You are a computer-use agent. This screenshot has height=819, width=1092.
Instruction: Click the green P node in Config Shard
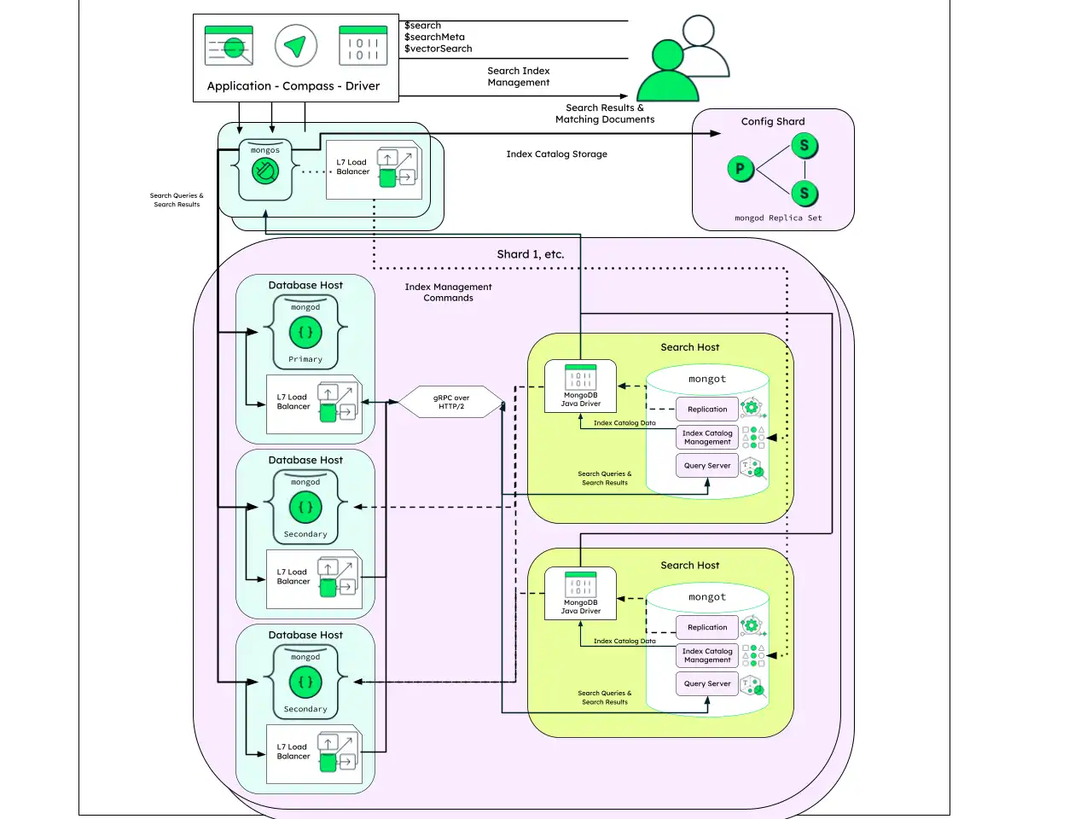coord(740,169)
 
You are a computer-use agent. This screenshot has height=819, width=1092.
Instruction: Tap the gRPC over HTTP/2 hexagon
coord(451,402)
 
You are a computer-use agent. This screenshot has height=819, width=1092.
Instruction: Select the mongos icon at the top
coord(265,171)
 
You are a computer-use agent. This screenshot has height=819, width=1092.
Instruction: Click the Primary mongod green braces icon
coord(305,333)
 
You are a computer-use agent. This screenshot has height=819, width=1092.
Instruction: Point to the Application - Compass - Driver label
coord(293,86)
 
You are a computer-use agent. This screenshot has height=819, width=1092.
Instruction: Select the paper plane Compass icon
coord(296,46)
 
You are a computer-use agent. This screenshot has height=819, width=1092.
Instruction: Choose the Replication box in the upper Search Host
coord(707,409)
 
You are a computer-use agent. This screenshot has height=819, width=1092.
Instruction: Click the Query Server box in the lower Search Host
coord(707,683)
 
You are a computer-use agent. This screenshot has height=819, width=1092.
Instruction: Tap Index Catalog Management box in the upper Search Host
coord(707,438)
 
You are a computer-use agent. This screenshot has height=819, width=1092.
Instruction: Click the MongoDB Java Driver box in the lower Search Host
coord(580,593)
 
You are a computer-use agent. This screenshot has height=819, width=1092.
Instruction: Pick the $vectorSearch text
coord(439,49)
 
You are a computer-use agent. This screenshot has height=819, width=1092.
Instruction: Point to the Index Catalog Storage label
coord(556,154)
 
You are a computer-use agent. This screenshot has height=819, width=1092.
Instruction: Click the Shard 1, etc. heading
coord(531,254)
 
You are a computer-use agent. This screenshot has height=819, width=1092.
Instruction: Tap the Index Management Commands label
coord(448,293)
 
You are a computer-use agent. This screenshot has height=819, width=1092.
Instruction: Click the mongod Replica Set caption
coord(778,218)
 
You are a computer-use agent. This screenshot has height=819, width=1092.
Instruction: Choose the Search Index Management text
coord(519,77)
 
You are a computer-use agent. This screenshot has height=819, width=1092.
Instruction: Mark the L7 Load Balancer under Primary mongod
coord(314,404)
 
